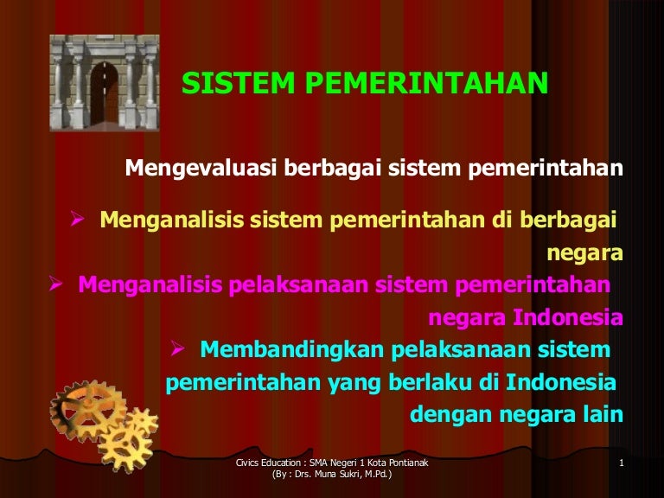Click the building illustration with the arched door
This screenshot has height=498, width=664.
(x=105, y=83)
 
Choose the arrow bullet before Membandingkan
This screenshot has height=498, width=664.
(x=176, y=348)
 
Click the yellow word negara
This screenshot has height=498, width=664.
(x=585, y=252)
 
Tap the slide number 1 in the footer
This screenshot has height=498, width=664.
(x=621, y=467)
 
